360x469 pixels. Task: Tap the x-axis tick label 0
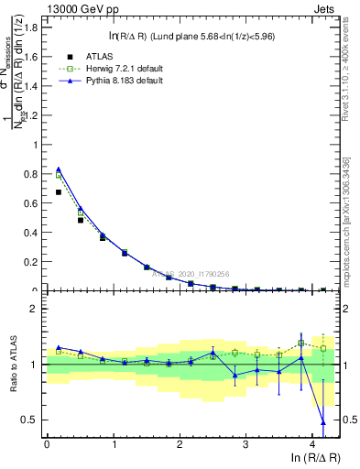tap(47, 445)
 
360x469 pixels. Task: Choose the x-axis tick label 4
tap(313, 445)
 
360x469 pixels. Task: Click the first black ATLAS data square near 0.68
tap(59, 192)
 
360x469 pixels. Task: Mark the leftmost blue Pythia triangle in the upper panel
tap(59, 169)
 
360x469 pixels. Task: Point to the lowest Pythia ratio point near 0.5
tap(322, 422)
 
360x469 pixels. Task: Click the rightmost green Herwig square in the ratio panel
tap(322, 348)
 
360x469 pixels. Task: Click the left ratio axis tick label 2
tap(34, 310)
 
